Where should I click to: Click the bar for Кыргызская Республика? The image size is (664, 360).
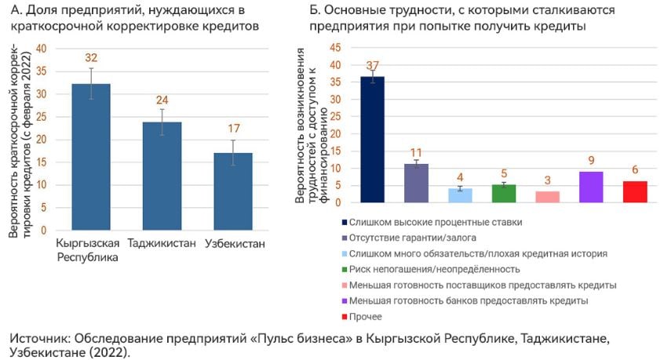click(x=91, y=157)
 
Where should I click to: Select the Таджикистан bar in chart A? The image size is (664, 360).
click(x=162, y=176)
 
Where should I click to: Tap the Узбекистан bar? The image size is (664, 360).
click(x=233, y=191)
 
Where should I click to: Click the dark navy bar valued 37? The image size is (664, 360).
click(x=372, y=140)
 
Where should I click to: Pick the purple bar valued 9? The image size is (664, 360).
click(x=591, y=187)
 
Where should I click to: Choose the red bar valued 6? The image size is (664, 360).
click(x=635, y=192)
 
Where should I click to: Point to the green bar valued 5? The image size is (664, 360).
click(x=504, y=194)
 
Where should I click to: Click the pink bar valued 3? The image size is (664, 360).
click(x=548, y=197)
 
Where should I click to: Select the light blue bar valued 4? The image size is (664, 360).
click(x=460, y=195)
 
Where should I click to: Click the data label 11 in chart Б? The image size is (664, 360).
click(x=416, y=152)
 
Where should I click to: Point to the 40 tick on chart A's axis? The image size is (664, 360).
click(x=41, y=49)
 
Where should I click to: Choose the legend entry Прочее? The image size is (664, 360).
click(x=367, y=316)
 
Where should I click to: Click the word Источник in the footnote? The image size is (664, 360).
click(x=38, y=338)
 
